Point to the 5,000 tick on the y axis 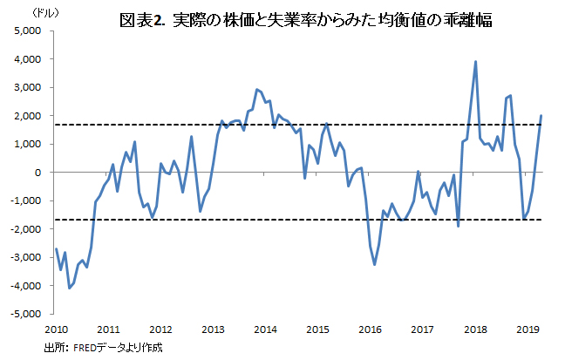(29, 31)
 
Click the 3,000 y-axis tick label (29, 88)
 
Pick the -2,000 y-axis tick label (26, 229)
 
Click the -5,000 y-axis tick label (26, 314)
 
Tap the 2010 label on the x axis (56, 329)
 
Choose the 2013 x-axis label (213, 329)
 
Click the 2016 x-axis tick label (371, 329)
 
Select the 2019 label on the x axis (528, 329)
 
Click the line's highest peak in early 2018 (475, 62)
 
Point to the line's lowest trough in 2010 (70, 288)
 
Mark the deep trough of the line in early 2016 (375, 264)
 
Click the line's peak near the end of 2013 (256, 90)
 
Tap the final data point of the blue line (541, 116)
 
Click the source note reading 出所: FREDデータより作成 (103, 347)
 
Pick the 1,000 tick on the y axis (29, 145)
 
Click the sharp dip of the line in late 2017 (459, 226)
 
